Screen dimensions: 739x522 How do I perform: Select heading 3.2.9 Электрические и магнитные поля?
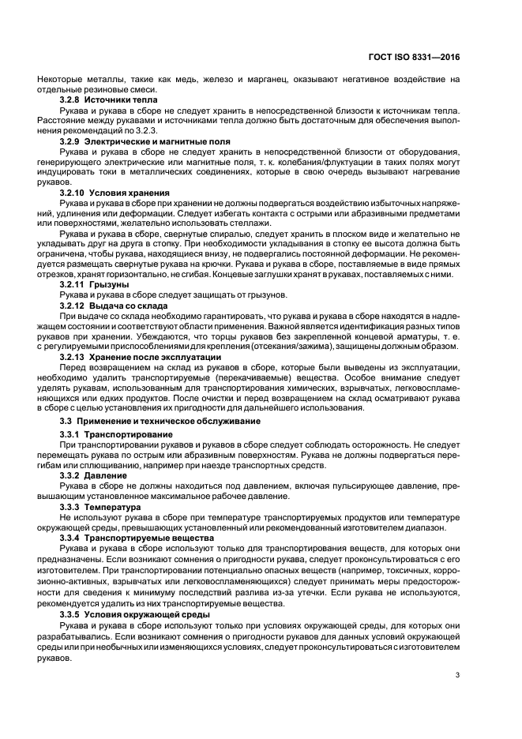pos(137,140)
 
